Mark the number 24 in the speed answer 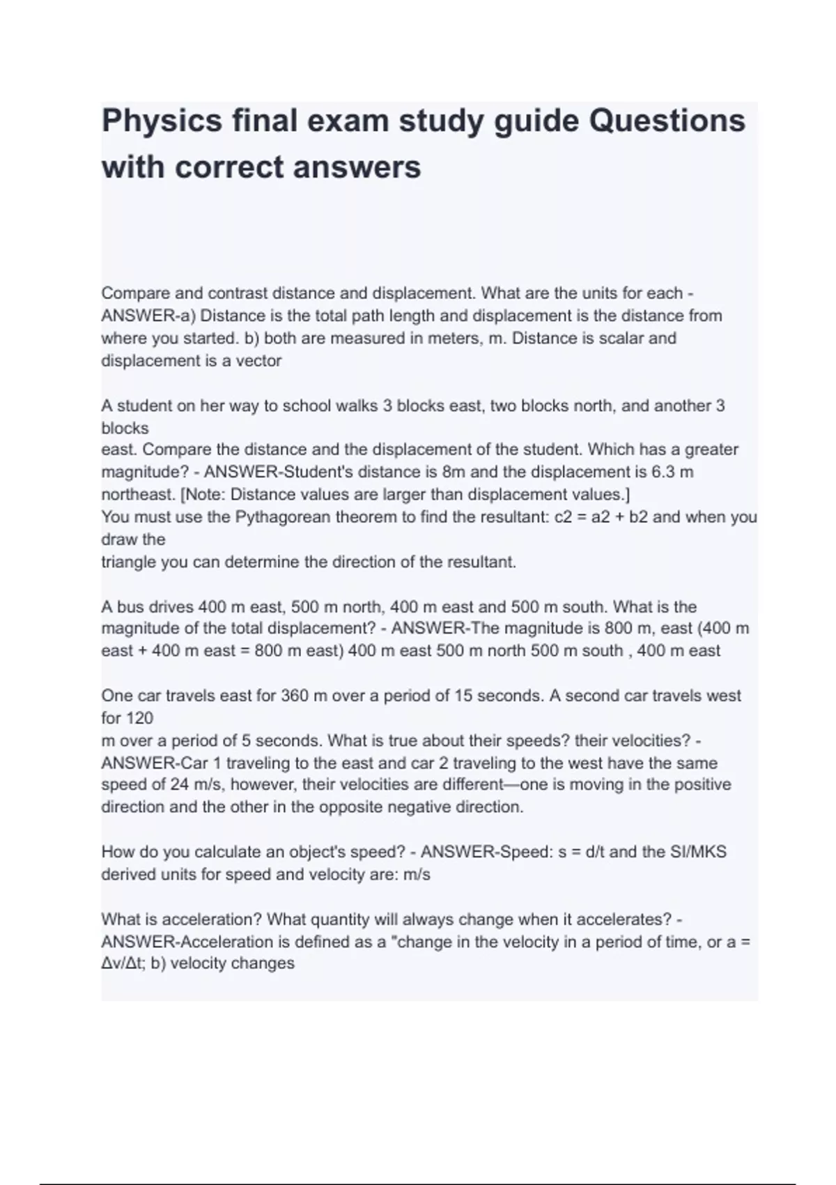pyautogui.click(x=179, y=785)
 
